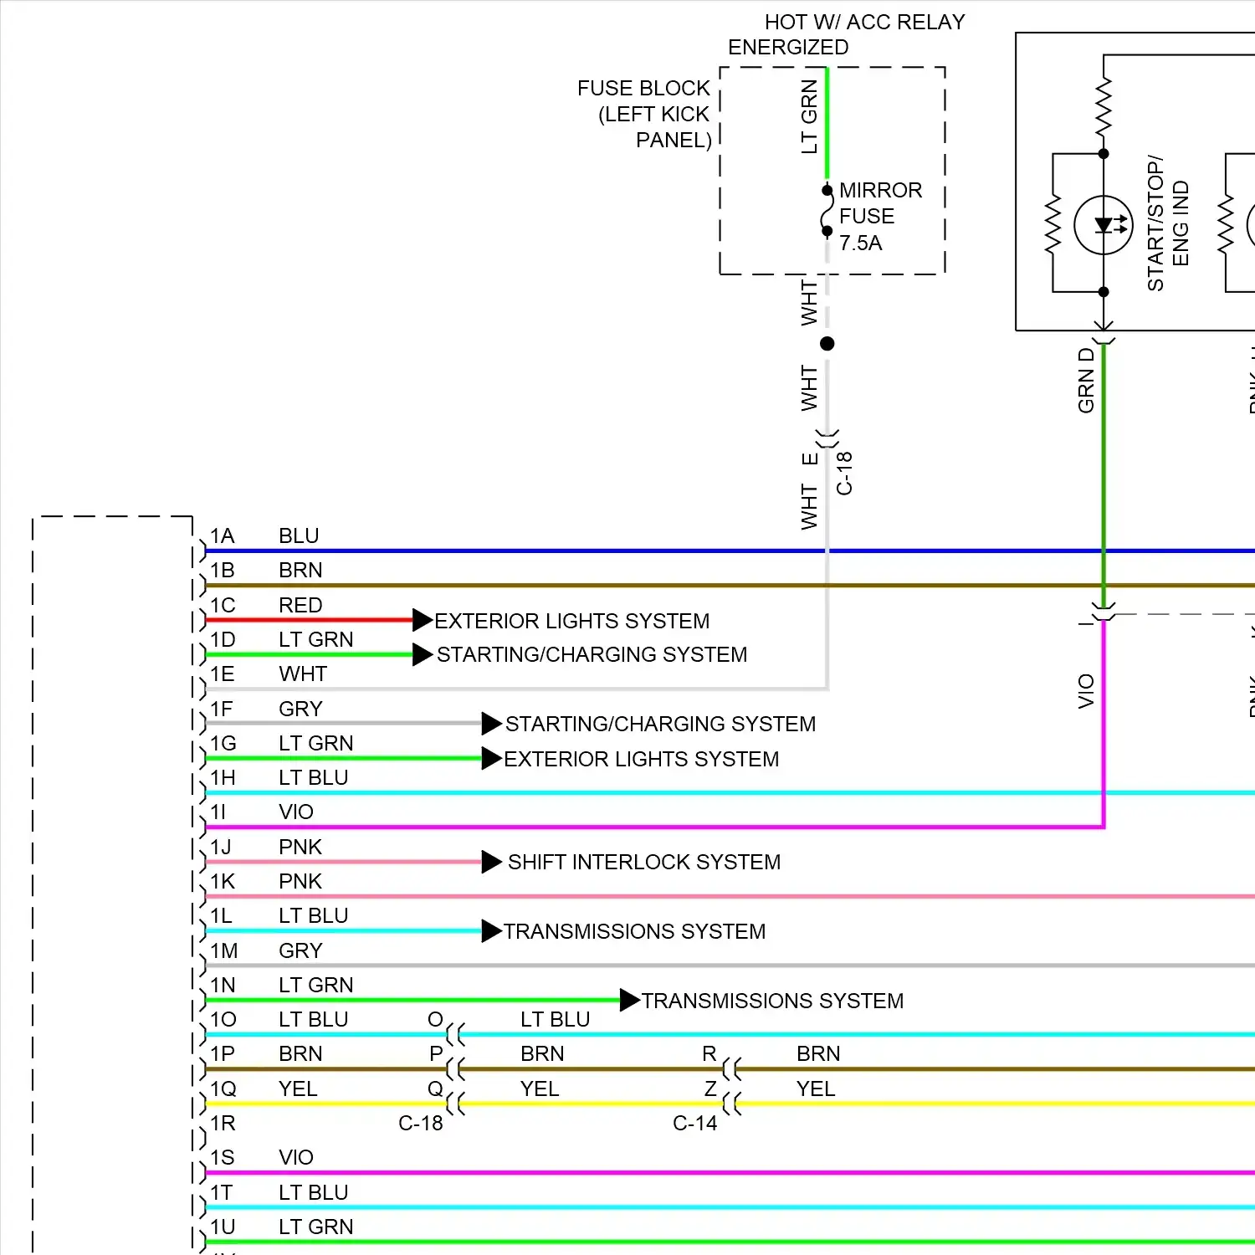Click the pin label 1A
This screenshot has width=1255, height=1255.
(x=222, y=536)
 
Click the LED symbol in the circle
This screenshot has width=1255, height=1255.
(x=1104, y=225)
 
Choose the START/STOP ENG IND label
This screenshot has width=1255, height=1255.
(x=1167, y=223)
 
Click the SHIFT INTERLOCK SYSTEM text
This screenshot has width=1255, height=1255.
(x=643, y=863)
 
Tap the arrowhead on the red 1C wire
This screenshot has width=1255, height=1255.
(x=423, y=620)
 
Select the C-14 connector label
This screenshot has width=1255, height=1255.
(x=694, y=1124)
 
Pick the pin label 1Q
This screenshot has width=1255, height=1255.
(x=223, y=1089)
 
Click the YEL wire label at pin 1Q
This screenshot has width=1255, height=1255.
(x=298, y=1089)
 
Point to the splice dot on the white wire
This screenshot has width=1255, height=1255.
(x=827, y=343)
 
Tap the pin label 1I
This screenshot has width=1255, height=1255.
(x=218, y=812)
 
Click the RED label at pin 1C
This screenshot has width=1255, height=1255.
(x=300, y=605)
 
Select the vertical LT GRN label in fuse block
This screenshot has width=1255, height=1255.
(x=809, y=116)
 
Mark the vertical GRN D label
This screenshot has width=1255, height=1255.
(x=1086, y=380)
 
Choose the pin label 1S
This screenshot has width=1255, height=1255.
(x=222, y=1158)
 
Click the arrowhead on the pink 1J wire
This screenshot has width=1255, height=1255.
(x=491, y=862)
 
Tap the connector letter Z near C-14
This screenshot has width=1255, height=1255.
(x=710, y=1089)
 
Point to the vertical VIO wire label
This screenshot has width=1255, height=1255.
(x=1086, y=691)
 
